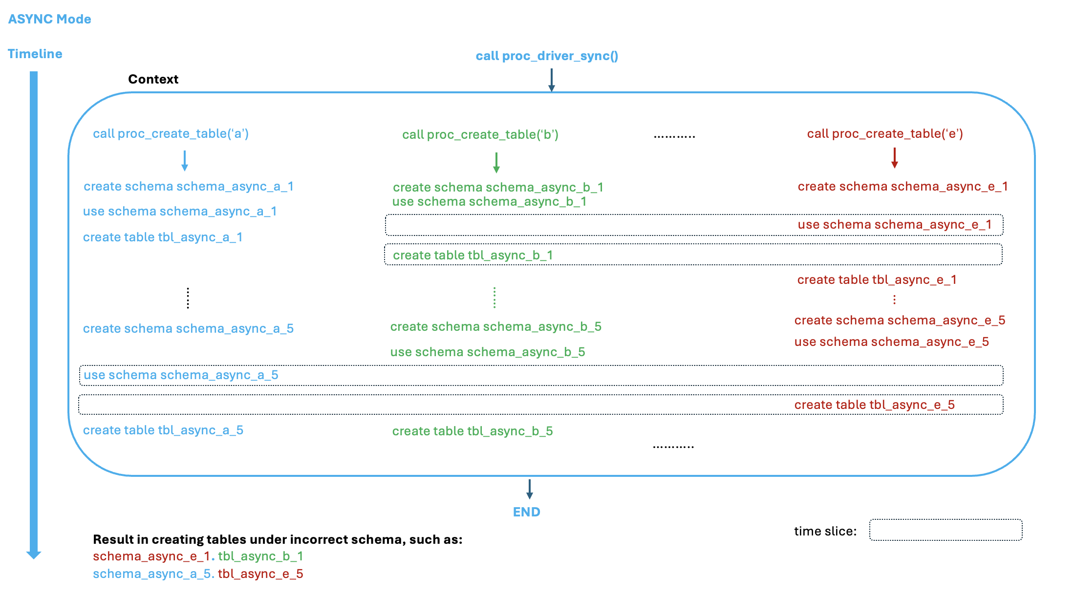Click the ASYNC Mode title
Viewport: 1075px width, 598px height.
[x=49, y=19]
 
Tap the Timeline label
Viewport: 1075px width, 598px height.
[x=35, y=54]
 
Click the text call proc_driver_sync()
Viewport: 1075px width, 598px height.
[x=547, y=56]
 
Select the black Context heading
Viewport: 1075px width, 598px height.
[x=153, y=79]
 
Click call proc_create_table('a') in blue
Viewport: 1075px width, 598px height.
[x=171, y=133]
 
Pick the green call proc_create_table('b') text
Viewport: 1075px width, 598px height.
[x=480, y=134]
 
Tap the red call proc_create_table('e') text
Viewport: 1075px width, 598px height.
[x=884, y=133]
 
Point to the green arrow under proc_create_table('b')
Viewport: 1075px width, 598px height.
[x=496, y=163]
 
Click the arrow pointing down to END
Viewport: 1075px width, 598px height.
[x=529, y=489]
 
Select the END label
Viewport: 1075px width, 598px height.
[x=526, y=512]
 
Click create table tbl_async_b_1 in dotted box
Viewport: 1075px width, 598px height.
[x=473, y=255]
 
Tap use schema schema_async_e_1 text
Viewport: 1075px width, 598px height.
[x=894, y=225]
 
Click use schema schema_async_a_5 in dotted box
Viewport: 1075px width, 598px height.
[x=181, y=375]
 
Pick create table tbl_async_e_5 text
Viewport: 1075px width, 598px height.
[x=874, y=405]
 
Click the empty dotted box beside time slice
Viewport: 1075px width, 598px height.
[x=946, y=530]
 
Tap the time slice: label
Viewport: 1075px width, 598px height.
[x=825, y=531]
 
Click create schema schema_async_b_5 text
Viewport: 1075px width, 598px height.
[x=495, y=326]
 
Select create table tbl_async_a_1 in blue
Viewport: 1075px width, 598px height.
[x=162, y=237]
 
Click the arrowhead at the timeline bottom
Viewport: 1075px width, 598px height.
[x=33, y=555]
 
